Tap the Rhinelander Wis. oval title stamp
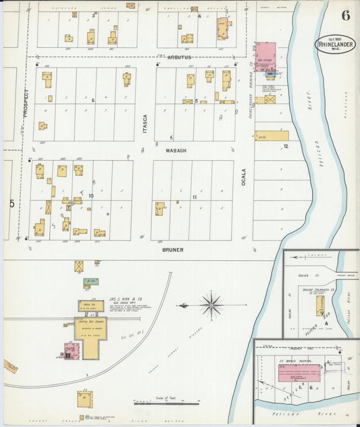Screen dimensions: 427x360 coord(335,45)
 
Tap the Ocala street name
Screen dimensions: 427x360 coord(244,178)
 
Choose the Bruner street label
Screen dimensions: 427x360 coord(172,249)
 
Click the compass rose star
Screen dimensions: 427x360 coord(211,305)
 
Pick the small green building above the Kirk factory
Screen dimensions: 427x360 coord(91,281)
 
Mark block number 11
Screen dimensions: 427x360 coord(194,197)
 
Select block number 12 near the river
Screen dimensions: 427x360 coord(286,146)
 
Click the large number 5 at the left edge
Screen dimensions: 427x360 coord(11,203)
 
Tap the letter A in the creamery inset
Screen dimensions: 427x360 coord(326,324)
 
